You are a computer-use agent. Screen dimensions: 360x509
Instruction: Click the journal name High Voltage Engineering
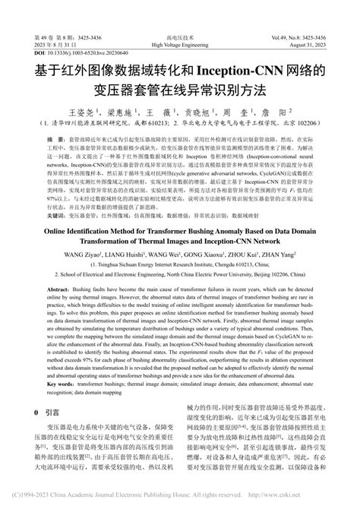coord(179,46)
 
